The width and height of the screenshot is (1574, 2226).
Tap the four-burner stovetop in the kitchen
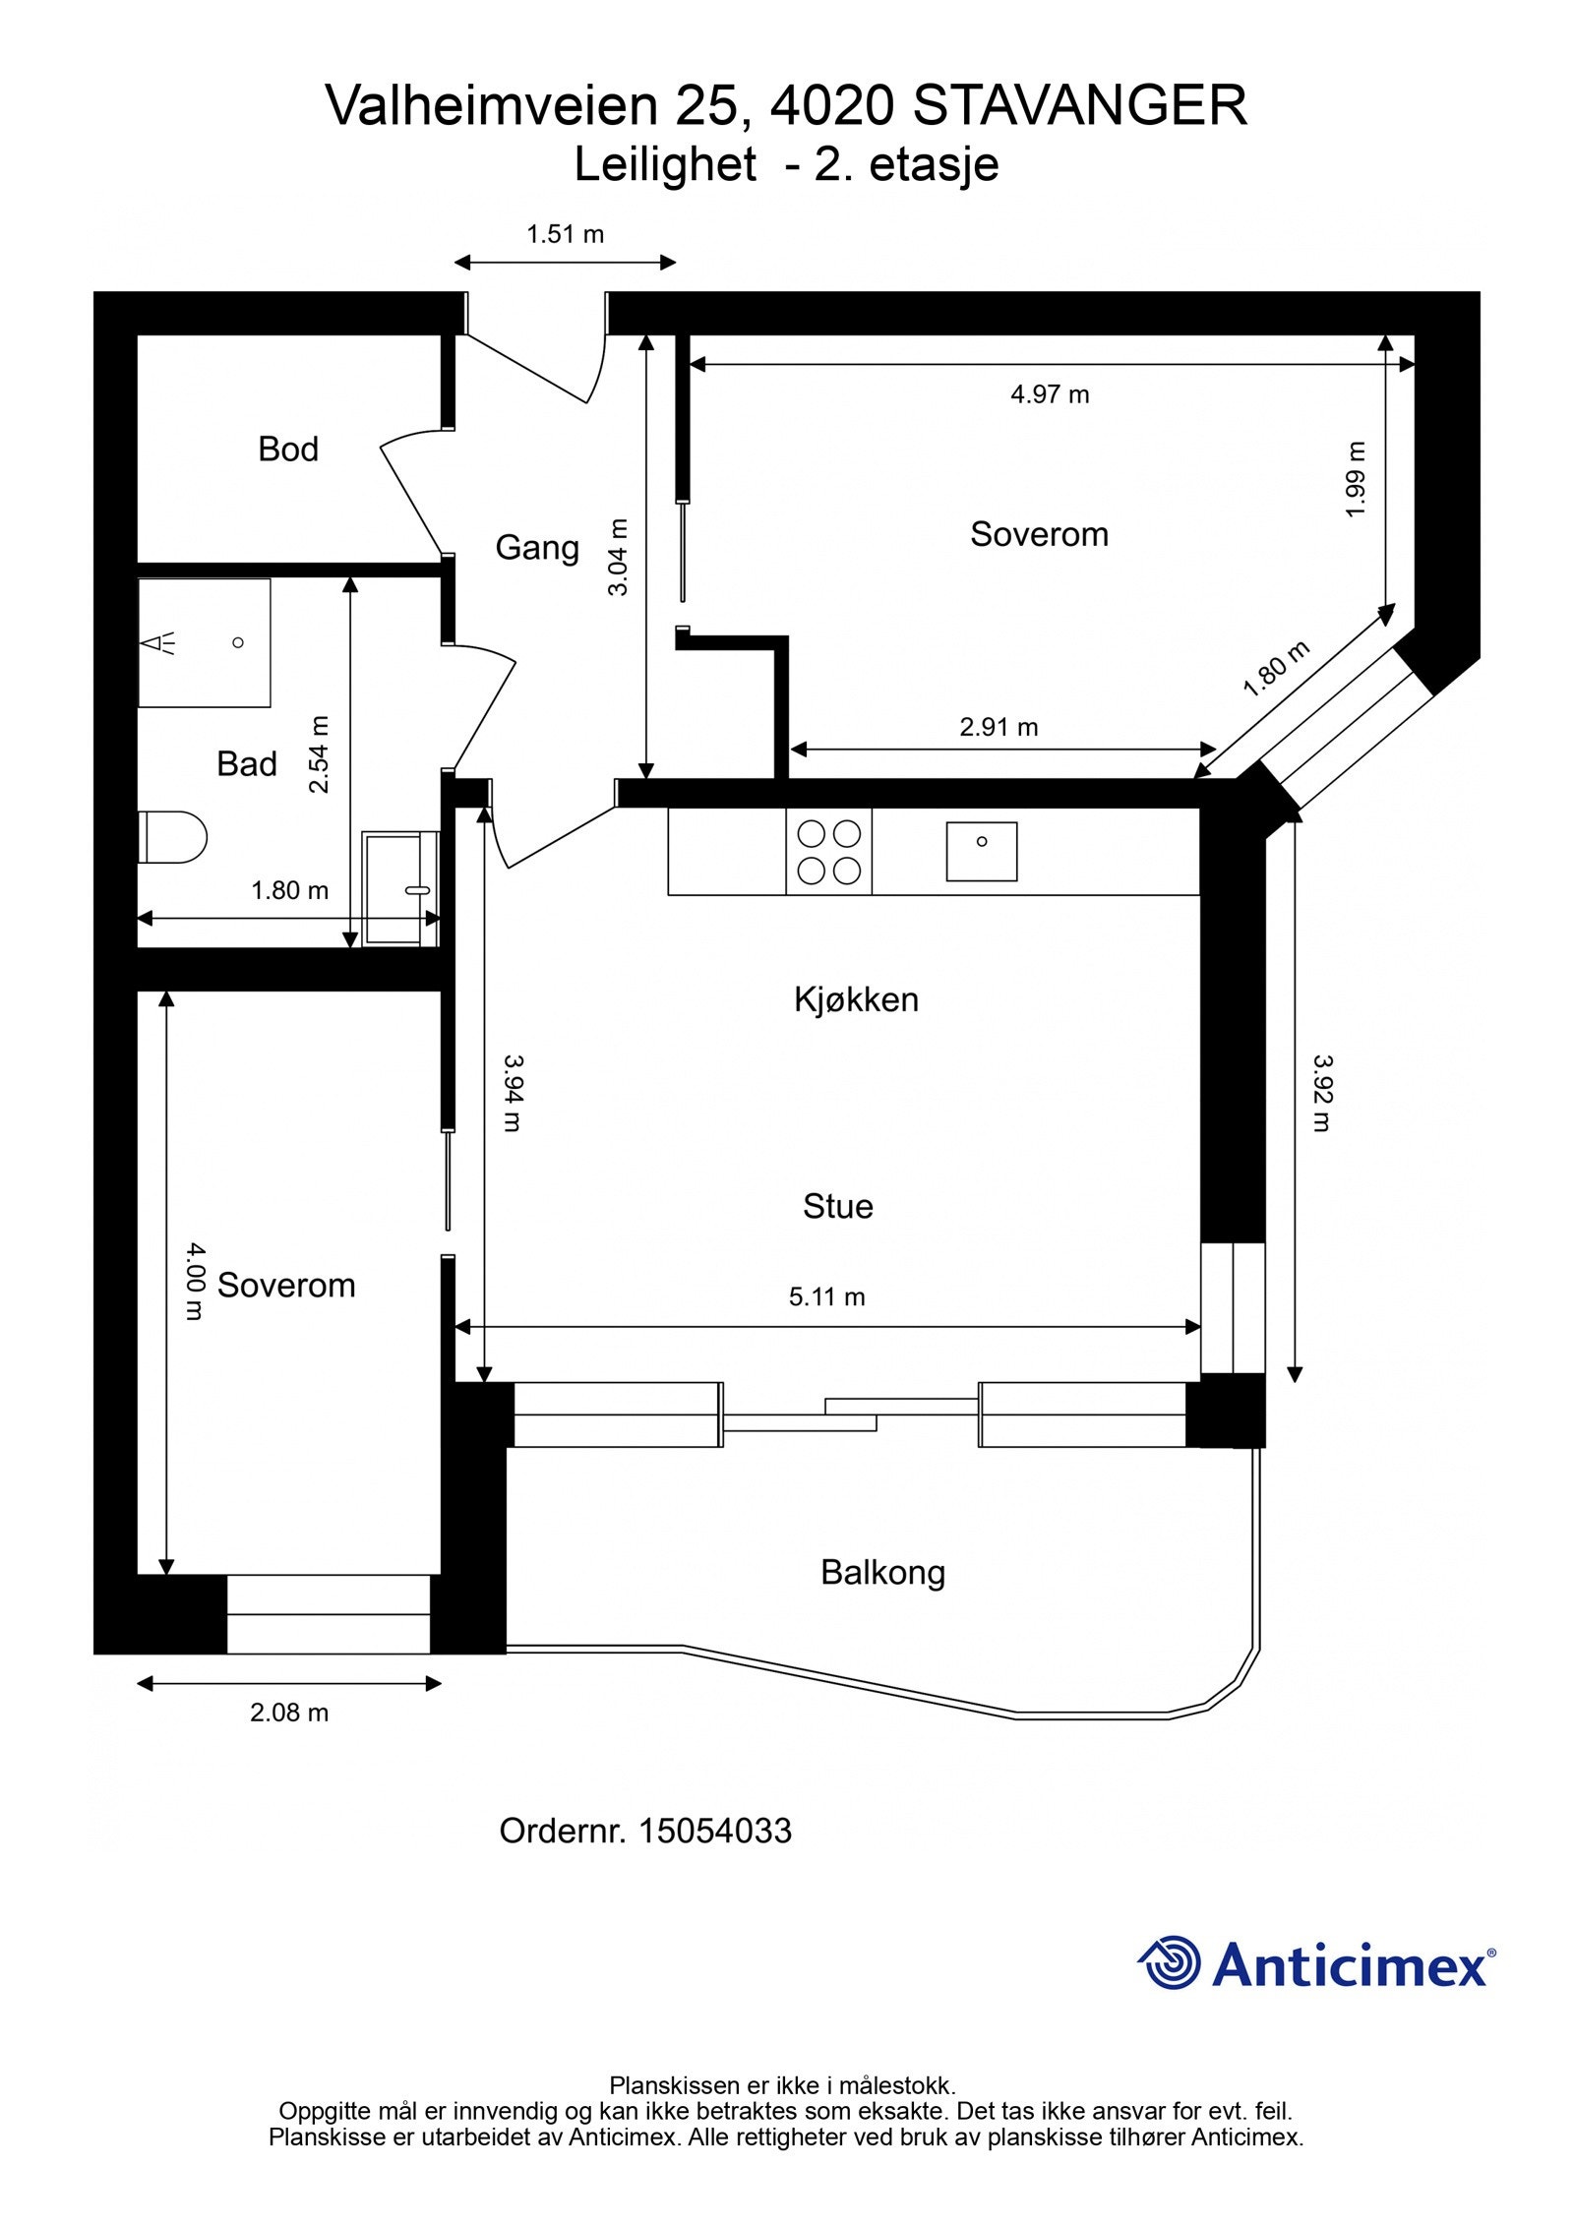click(828, 852)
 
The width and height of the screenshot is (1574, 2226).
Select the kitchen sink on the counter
click(981, 851)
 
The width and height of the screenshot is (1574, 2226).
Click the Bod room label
click(288, 450)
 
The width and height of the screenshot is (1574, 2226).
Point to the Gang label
click(536, 547)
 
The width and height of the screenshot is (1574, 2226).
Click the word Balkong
click(882, 1572)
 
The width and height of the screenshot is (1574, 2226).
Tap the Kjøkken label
click(856, 999)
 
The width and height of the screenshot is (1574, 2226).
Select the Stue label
click(837, 1206)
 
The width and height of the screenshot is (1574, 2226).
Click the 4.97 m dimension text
click(1050, 394)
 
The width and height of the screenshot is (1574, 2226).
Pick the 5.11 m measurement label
click(826, 1296)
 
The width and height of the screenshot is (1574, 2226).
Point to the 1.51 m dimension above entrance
click(565, 234)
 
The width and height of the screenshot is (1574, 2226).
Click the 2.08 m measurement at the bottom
click(288, 1713)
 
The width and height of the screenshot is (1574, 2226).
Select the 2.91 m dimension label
click(999, 727)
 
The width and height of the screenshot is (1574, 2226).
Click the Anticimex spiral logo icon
click(1170, 1962)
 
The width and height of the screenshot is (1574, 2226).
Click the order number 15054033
click(714, 1831)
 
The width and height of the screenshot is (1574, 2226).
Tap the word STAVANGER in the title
click(1079, 106)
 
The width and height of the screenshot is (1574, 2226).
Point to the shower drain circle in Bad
click(237, 642)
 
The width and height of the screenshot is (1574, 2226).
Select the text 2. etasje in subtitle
click(906, 164)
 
